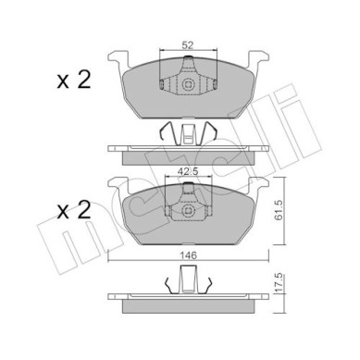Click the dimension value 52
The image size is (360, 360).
click(x=188, y=45)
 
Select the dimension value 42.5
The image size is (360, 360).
click(x=189, y=172)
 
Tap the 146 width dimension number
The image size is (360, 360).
click(x=189, y=255)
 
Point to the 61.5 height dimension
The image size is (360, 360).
click(x=279, y=211)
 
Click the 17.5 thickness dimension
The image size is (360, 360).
click(x=279, y=283)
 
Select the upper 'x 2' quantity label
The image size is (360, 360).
click(x=74, y=80)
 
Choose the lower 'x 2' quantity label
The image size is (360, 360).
click(x=74, y=210)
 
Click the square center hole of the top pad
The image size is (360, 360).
click(x=188, y=84)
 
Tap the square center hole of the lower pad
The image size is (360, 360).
click(x=188, y=211)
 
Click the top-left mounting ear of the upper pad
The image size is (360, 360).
click(x=118, y=59)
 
